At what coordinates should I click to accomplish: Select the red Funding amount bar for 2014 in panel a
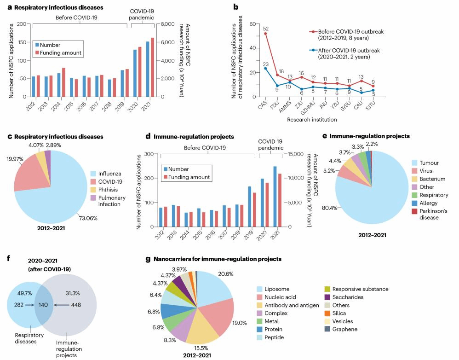click(63, 82)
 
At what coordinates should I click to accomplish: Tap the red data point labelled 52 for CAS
click(265, 34)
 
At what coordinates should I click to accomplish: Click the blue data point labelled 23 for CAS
click(265, 69)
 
